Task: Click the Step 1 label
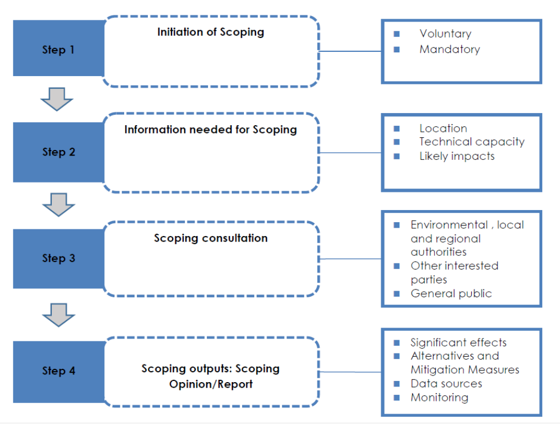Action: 58,50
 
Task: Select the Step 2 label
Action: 58,152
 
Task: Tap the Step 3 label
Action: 58,258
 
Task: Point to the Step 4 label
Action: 58,371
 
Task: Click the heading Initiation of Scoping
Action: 211,32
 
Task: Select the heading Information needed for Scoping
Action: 211,130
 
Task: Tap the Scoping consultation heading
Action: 211,238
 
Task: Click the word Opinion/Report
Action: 211,384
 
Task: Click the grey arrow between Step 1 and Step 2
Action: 57,99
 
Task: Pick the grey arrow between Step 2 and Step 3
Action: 58,205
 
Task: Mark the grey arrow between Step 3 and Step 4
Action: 58,315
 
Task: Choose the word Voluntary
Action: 445,34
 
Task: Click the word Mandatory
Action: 450,49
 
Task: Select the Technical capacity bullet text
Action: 472,142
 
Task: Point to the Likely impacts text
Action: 457,157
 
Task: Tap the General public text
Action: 451,293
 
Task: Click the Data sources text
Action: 446,384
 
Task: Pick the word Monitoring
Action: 439,398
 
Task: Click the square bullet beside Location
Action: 397,128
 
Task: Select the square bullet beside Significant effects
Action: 397,342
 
